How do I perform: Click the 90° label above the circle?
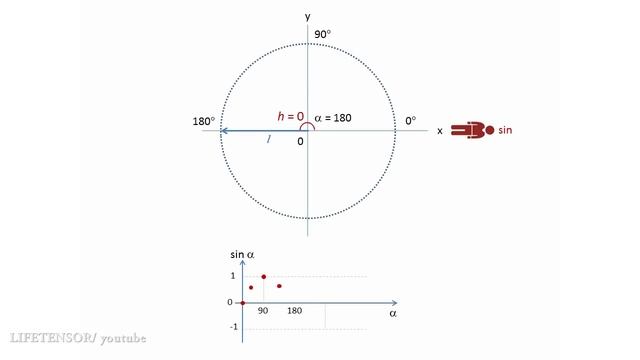pyautogui.click(x=322, y=34)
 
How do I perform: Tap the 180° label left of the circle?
pyautogui.click(x=204, y=121)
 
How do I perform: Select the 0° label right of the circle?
pyautogui.click(x=411, y=121)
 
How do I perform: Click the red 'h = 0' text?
pyautogui.click(x=291, y=117)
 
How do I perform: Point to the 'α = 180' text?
pyautogui.click(x=333, y=118)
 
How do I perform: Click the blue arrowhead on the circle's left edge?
pyautogui.click(x=224, y=131)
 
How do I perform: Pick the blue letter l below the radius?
pyautogui.click(x=269, y=139)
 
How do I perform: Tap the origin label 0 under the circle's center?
pyautogui.click(x=300, y=142)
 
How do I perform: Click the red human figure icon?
pyautogui.click(x=473, y=130)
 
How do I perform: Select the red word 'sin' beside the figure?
pyautogui.click(x=505, y=130)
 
